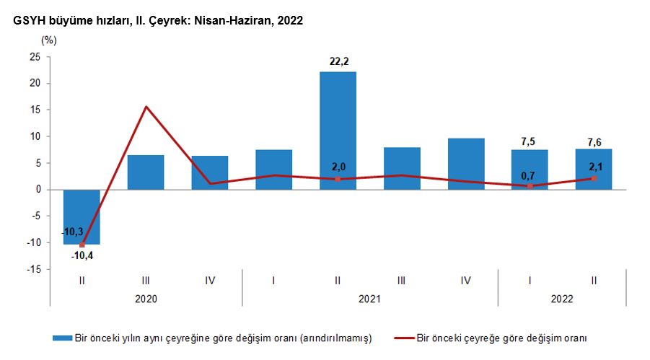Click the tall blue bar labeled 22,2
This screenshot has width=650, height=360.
[338, 130]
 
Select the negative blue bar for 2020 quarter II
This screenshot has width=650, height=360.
[82, 216]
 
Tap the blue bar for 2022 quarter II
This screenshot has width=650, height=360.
[594, 170]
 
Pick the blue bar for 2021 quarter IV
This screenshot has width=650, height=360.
[466, 164]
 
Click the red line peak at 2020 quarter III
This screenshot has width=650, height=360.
[146, 107]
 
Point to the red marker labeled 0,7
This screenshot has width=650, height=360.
[530, 186]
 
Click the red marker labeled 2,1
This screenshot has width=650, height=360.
[594, 178]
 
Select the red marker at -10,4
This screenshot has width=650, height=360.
[82, 245]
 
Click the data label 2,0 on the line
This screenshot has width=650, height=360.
[338, 167]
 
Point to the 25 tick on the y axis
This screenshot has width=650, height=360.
[35, 57]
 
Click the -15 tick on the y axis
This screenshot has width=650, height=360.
[32, 269]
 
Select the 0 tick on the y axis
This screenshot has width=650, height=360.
[38, 190]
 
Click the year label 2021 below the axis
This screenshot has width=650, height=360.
[369, 297]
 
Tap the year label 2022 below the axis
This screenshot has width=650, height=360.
[562, 297]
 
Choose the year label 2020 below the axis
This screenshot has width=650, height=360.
[146, 297]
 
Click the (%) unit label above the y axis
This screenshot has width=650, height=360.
[48, 40]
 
